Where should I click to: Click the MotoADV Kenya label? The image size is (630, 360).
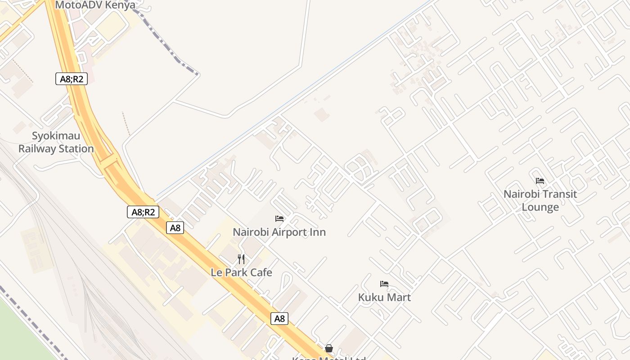click(x=95, y=5)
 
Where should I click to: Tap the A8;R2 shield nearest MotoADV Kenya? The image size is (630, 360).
click(x=71, y=79)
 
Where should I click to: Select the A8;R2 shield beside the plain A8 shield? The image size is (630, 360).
click(x=143, y=212)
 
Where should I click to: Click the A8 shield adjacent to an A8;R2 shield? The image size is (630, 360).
click(x=175, y=228)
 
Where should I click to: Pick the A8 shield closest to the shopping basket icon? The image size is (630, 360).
click(x=279, y=319)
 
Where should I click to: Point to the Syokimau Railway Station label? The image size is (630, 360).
click(x=56, y=142)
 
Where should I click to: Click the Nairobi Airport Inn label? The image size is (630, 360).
click(x=279, y=232)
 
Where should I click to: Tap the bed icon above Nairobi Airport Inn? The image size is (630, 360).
click(x=279, y=219)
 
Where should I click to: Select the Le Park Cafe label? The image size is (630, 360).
click(x=241, y=272)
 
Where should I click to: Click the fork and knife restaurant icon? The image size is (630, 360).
click(x=241, y=259)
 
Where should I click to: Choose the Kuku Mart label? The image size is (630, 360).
click(x=384, y=297)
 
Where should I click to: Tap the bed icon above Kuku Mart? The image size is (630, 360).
click(x=384, y=284)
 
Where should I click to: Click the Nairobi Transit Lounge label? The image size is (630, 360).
click(x=540, y=201)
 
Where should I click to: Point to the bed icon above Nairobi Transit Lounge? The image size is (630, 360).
click(x=540, y=181)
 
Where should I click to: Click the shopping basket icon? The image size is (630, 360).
click(x=329, y=348)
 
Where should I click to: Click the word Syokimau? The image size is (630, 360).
click(x=56, y=136)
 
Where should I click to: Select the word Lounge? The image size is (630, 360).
click(x=540, y=207)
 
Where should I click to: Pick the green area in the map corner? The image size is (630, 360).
click(x=18, y=333)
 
